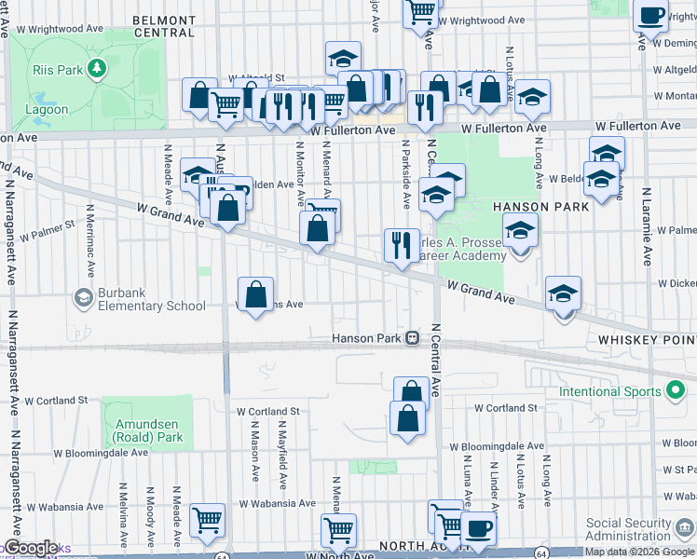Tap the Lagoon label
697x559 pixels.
pyautogui.click(x=47, y=109)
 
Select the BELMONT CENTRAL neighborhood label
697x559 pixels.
pyautogui.click(x=164, y=26)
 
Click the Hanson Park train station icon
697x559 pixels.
pyautogui.click(x=411, y=338)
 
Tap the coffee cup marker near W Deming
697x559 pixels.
pyautogui.click(x=650, y=15)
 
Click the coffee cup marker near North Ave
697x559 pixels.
pyautogui.click(x=479, y=527)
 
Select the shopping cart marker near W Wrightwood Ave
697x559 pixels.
pyautogui.click(x=421, y=11)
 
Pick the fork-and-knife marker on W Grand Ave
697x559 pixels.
pyautogui.click(x=401, y=246)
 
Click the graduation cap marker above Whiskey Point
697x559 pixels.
pyautogui.click(x=564, y=293)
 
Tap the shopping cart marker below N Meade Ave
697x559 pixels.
pyautogui.click(x=207, y=520)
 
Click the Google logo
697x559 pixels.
pyautogui.click(x=30, y=548)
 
